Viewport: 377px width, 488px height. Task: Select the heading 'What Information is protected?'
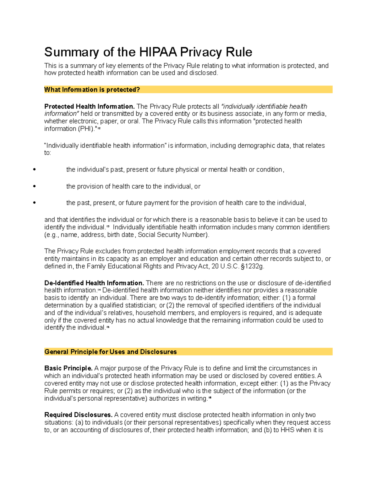92,90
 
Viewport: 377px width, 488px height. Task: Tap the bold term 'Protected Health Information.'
89,107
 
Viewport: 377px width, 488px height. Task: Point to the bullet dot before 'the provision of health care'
34,186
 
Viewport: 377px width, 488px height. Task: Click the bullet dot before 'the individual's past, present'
34,170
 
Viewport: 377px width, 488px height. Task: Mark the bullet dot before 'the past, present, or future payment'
34,203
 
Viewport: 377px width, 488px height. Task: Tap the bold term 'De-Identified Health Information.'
94,283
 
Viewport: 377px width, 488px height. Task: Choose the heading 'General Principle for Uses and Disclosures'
111,352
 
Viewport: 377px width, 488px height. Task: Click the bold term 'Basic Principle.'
68,368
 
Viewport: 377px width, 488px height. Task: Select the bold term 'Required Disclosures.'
78,415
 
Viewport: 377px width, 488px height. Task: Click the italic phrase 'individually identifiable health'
265,107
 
